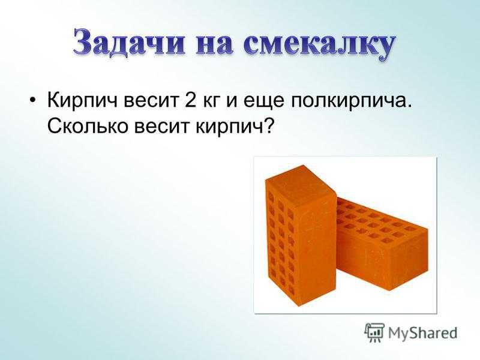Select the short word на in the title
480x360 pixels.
(214, 43)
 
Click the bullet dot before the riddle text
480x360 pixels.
(32, 100)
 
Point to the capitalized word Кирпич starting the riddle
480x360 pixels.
(83, 100)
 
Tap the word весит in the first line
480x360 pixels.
(151, 102)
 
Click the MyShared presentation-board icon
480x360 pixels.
(374, 332)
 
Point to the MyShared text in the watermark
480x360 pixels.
(423, 333)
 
